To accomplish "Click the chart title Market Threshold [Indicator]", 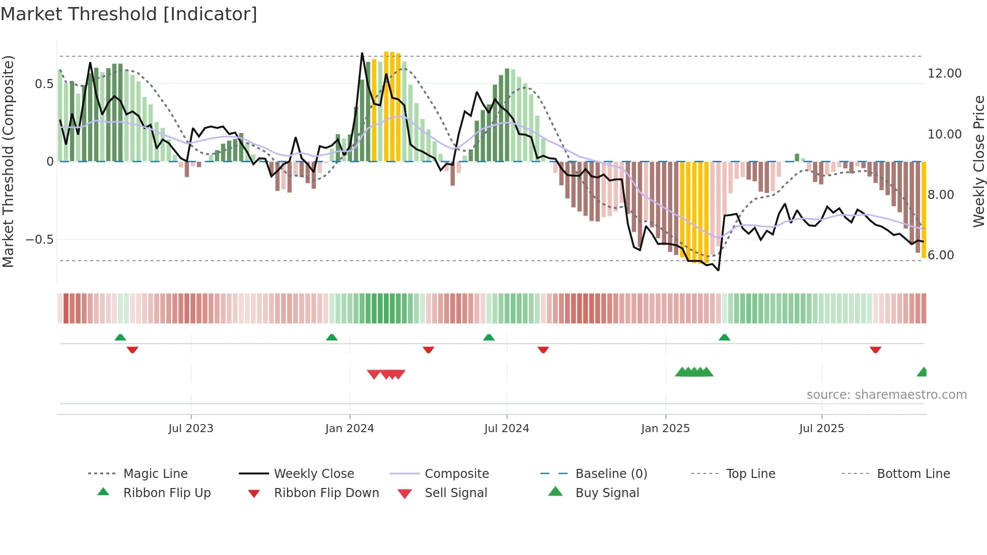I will pos(129,14).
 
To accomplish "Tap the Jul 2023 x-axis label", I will pos(191,429).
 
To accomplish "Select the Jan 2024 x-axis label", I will pos(349,429).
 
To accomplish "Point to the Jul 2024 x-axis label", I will pos(507,429).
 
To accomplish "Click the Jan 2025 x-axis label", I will pos(665,429).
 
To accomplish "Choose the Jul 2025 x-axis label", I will pos(821,429).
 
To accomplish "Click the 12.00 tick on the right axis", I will pos(944,74).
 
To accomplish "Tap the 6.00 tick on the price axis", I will pos(941,255).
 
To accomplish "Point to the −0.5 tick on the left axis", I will pos(40,240).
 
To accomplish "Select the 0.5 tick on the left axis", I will pos(44,84).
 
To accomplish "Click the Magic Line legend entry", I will pos(155,474).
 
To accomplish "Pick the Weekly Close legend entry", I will pos(314,474).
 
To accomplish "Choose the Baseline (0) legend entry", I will pos(611,474).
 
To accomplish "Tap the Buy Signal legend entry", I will pos(607,493).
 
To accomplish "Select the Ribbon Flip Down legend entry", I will pos(326,493).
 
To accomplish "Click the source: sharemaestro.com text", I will pos(886,395).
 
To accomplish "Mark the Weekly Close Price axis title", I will pos(978,161).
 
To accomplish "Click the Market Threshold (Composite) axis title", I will pos(8,161).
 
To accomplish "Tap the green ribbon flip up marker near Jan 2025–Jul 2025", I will pos(724,337).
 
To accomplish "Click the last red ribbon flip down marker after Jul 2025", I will pos(875,350).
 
